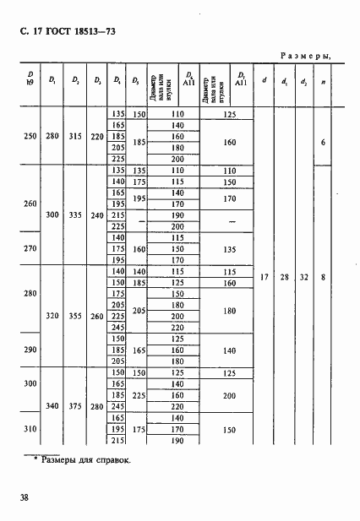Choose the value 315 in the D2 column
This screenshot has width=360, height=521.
point(74,135)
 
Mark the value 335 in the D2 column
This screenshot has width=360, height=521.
point(74,214)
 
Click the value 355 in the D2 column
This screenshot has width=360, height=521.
point(74,315)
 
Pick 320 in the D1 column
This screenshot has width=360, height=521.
point(52,315)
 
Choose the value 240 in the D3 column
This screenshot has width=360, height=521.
point(95,214)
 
